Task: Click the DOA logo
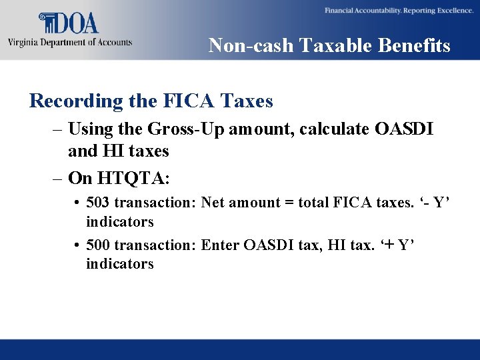[69, 23]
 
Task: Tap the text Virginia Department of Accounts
[70, 43]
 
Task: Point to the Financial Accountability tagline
[399, 11]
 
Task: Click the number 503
[99, 203]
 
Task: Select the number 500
[99, 245]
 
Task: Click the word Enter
[221, 245]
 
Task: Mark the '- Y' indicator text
[435, 203]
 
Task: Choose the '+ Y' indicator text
[397, 245]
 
